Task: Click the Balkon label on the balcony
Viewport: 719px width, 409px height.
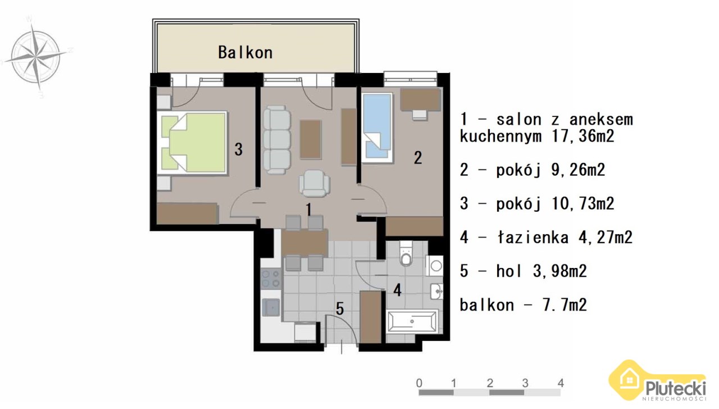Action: pyautogui.click(x=245, y=53)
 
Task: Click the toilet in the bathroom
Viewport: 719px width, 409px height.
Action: pyautogui.click(x=406, y=255)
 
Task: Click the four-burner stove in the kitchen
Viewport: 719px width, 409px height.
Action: pyautogui.click(x=271, y=279)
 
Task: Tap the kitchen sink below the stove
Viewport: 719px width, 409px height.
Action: pyautogui.click(x=271, y=307)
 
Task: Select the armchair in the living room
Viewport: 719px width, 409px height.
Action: pyautogui.click(x=315, y=183)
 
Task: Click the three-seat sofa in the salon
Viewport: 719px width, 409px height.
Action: pyautogui.click(x=277, y=140)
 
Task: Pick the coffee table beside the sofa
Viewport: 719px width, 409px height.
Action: pyautogui.click(x=311, y=140)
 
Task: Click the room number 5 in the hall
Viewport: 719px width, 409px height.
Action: pyautogui.click(x=340, y=309)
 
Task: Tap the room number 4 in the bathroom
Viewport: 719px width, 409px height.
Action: pyautogui.click(x=397, y=290)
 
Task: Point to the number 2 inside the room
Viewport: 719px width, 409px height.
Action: pyautogui.click(x=417, y=158)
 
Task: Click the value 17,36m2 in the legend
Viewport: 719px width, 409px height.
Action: pyautogui.click(x=583, y=136)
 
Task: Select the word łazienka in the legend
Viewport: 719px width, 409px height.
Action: pyautogui.click(x=533, y=238)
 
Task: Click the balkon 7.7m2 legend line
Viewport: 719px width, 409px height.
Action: pyautogui.click(x=523, y=305)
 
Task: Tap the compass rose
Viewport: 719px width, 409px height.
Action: pyautogui.click(x=37, y=57)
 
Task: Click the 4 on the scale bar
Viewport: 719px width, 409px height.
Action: pyautogui.click(x=561, y=383)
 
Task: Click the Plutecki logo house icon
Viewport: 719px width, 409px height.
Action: pyautogui.click(x=630, y=379)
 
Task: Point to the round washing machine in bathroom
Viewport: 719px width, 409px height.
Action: pyautogui.click(x=435, y=266)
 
